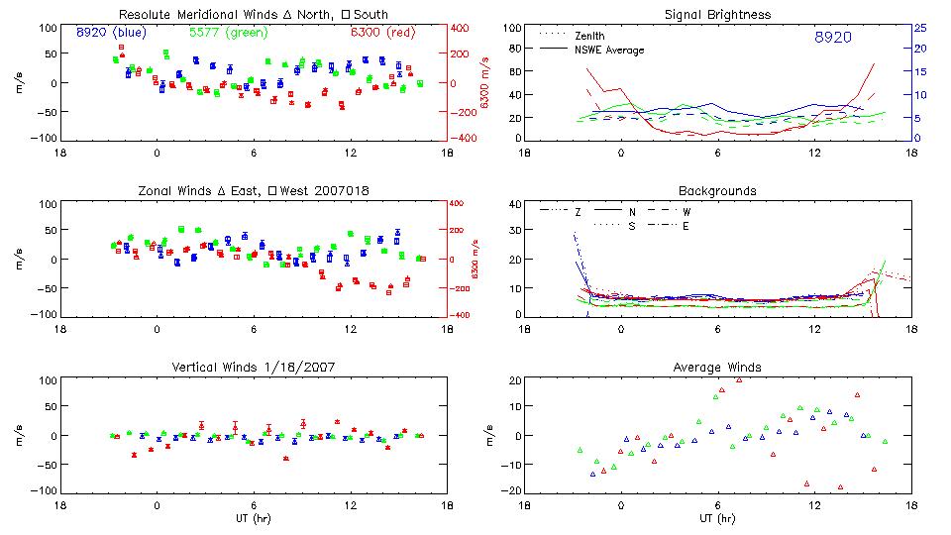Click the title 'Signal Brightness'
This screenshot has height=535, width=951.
click(717, 15)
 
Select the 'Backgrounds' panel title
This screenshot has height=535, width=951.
click(717, 190)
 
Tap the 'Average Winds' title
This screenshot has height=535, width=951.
click(717, 367)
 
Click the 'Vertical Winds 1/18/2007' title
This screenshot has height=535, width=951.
click(255, 367)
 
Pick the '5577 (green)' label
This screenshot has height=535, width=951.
click(221, 33)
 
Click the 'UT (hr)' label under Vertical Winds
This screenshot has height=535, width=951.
click(255, 517)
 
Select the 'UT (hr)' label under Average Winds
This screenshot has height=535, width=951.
click(717, 517)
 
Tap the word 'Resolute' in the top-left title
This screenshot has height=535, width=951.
click(144, 15)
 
